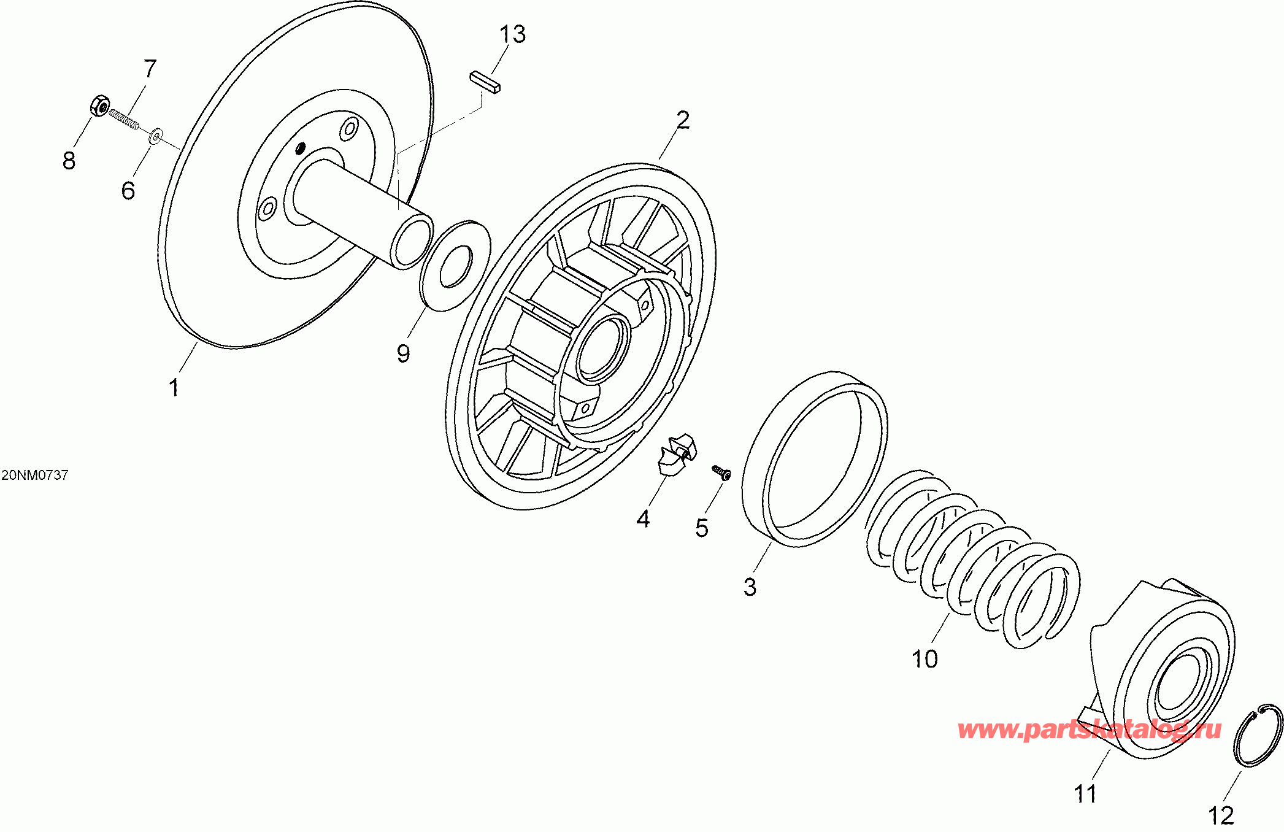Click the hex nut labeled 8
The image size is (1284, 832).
click(x=99, y=106)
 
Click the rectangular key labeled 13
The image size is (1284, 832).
click(x=485, y=82)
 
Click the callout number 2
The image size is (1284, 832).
click(x=683, y=120)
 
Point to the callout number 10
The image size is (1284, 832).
click(x=925, y=659)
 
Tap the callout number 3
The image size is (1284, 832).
click(x=750, y=587)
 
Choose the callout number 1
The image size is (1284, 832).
click(x=174, y=387)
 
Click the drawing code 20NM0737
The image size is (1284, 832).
click(x=35, y=475)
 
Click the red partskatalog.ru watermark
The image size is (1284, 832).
click(x=1089, y=730)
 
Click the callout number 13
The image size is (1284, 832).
click(x=512, y=34)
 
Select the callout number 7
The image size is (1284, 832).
click(x=150, y=69)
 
